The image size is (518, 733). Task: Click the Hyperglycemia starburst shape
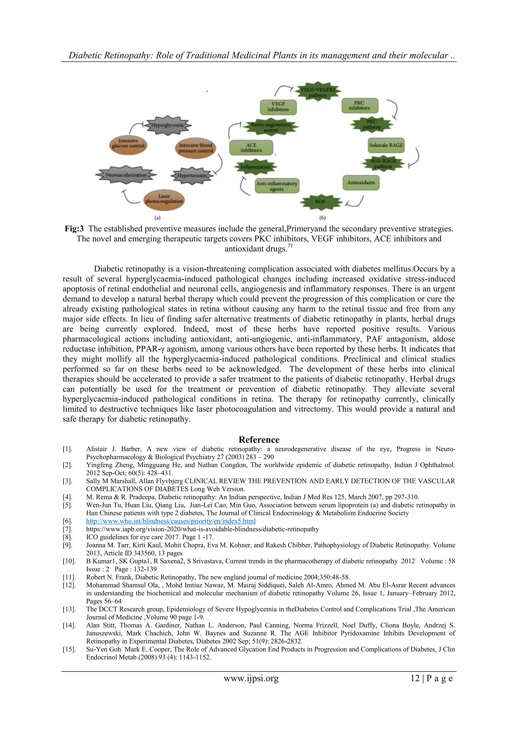167,125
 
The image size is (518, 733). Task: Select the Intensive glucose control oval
128,143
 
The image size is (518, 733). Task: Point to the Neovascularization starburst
126,175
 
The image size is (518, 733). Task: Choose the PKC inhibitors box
359,105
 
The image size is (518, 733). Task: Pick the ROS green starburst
320,201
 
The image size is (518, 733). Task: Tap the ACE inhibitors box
251,148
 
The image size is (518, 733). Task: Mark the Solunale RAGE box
386,145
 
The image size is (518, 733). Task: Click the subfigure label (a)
157,218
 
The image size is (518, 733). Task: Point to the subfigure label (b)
322,218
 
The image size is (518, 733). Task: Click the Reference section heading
259,440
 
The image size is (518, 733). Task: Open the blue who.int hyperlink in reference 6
171,521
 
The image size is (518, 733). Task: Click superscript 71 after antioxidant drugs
290,246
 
